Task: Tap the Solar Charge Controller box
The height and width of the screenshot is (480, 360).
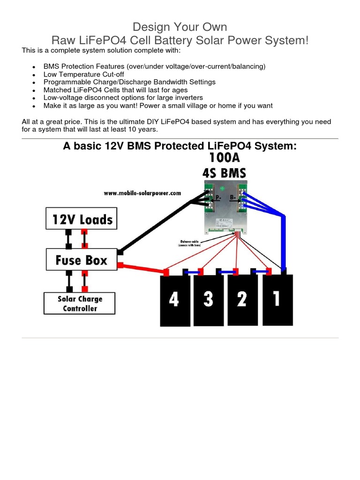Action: (80, 304)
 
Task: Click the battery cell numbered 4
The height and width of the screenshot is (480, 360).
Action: (174, 300)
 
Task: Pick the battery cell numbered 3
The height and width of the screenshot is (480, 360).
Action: (208, 300)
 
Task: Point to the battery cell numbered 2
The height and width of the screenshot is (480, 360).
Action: (242, 300)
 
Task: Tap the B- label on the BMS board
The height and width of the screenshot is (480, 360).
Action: (233, 198)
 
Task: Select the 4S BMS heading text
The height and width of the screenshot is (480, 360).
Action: (224, 172)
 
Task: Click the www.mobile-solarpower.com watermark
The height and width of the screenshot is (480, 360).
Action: (142, 193)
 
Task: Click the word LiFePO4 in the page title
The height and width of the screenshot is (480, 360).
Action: (110, 40)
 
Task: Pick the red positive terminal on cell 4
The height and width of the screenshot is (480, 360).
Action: (166, 272)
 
